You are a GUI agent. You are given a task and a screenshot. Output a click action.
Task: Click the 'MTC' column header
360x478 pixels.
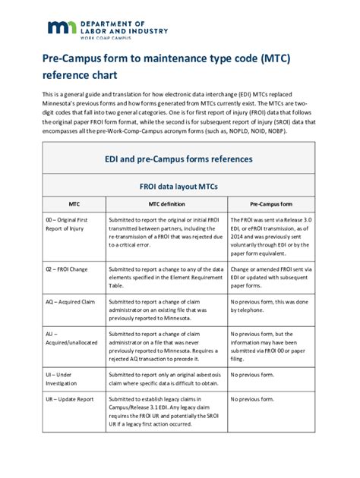point(74,204)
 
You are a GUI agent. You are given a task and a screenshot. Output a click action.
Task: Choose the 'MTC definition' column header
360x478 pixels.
point(166,204)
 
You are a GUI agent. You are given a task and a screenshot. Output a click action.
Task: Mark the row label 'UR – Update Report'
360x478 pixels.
point(70,398)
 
